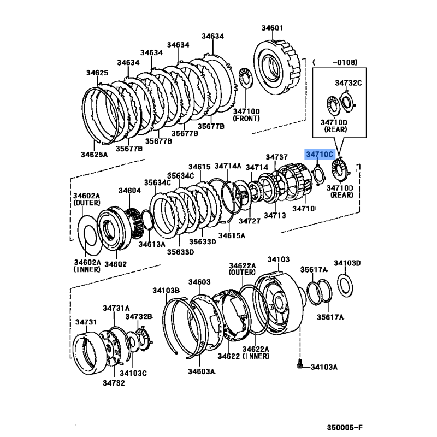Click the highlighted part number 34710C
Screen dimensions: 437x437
click(320, 154)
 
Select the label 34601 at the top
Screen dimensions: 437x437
click(272, 28)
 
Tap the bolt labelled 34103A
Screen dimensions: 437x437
click(300, 364)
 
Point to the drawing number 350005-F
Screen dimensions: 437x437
click(345, 427)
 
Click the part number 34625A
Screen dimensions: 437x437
click(94, 155)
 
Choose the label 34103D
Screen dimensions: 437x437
click(347, 263)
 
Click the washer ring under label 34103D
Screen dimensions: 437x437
click(345, 286)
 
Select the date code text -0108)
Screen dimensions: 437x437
click(345, 62)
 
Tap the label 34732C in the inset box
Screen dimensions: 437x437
click(349, 83)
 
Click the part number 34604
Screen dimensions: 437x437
click(129, 191)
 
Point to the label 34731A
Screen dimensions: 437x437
click(116, 308)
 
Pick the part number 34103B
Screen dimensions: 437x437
click(166, 291)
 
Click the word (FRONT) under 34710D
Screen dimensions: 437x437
click(246, 119)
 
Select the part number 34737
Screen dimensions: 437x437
click(276, 157)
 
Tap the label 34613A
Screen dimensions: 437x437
click(152, 244)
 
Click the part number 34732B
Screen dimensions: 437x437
click(139, 317)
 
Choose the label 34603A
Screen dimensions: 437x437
click(202, 371)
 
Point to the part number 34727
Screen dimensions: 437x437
click(250, 221)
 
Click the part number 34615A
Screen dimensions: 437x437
click(232, 235)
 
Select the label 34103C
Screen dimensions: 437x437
click(133, 373)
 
